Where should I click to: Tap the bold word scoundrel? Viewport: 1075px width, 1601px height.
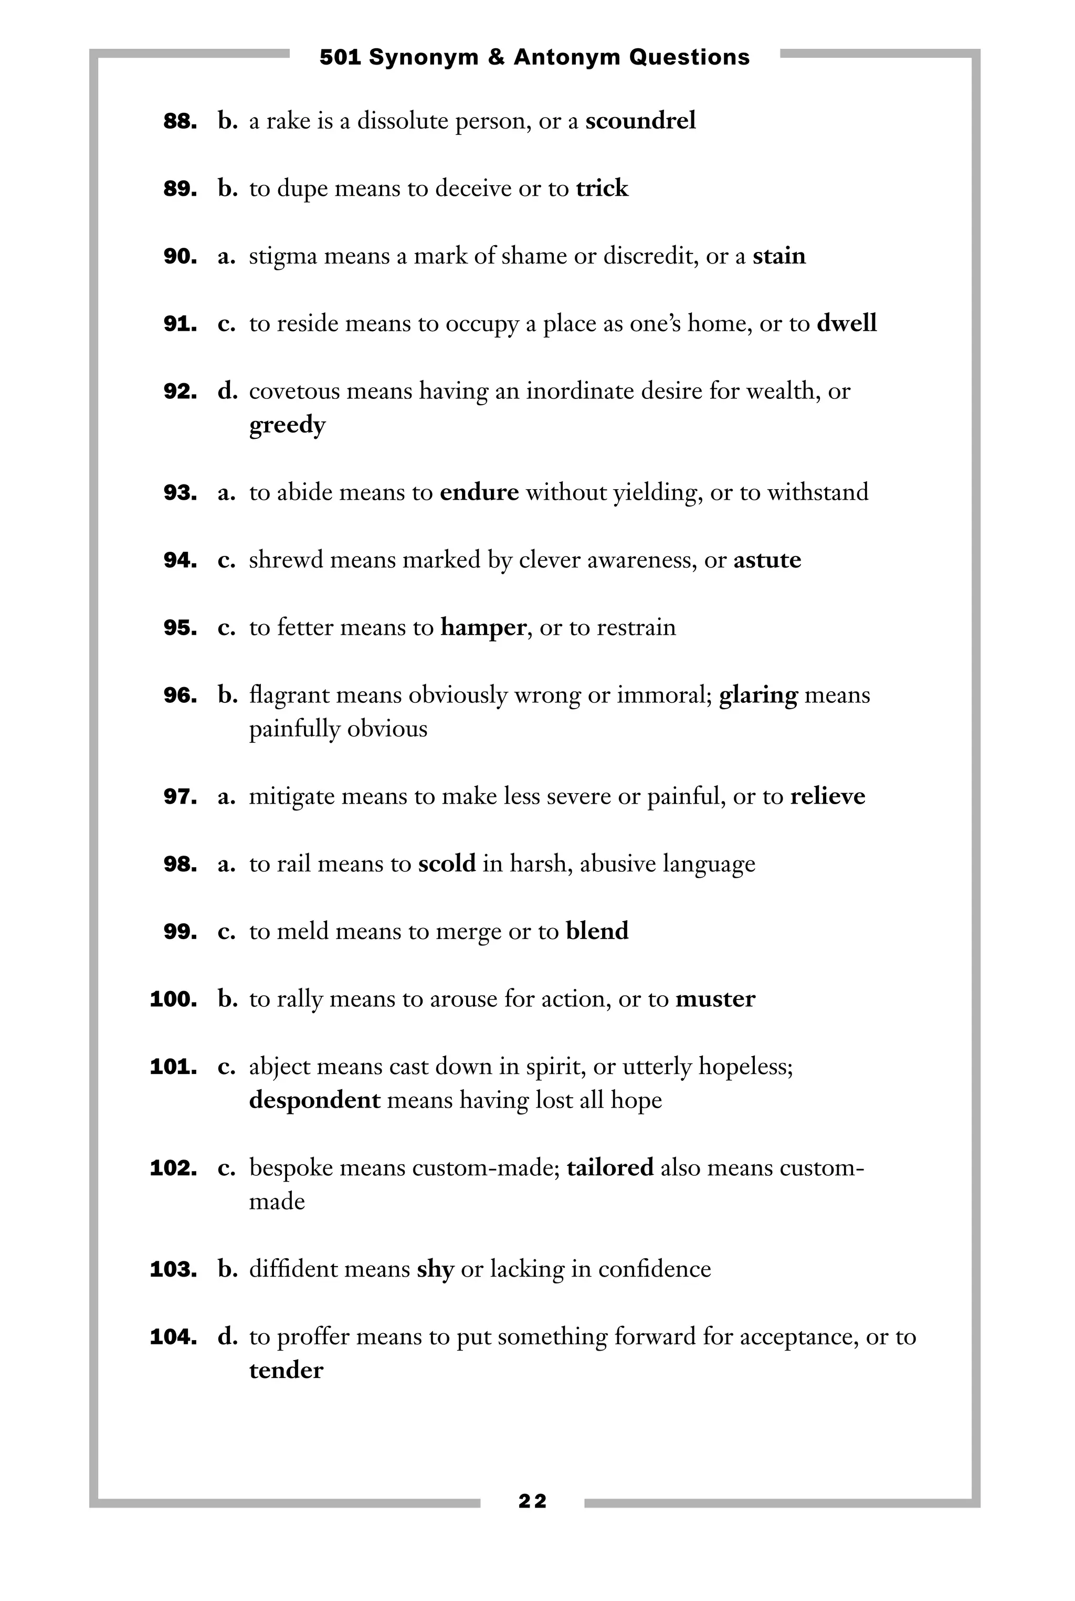(640, 121)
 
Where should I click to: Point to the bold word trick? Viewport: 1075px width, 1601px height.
(602, 188)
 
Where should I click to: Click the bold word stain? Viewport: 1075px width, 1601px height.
(779, 257)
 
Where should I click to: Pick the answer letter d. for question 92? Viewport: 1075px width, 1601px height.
(227, 392)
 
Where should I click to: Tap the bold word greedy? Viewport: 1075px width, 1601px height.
(287, 425)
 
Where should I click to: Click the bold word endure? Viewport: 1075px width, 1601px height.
(479, 492)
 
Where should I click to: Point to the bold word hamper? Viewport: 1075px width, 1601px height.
(483, 627)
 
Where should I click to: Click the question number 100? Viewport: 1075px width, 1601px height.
(173, 999)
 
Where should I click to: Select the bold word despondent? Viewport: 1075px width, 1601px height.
(314, 1100)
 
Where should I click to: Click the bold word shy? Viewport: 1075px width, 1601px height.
(435, 1269)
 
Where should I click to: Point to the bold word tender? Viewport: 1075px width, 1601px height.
(286, 1371)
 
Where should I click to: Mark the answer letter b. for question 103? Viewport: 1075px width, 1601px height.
(227, 1269)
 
